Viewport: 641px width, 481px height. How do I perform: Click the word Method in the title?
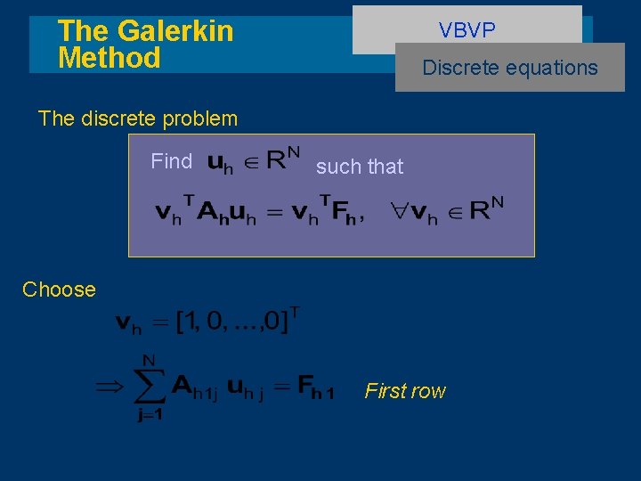pyautogui.click(x=109, y=59)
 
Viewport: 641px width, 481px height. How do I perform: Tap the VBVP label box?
pyautogui.click(x=467, y=30)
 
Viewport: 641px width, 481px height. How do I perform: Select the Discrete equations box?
pyautogui.click(x=510, y=68)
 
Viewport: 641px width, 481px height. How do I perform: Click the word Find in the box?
pyautogui.click(x=172, y=161)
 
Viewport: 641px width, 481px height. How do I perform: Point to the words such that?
pyautogui.click(x=360, y=167)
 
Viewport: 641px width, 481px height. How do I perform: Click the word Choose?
pyautogui.click(x=59, y=289)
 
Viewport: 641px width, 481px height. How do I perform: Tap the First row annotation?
pyautogui.click(x=405, y=391)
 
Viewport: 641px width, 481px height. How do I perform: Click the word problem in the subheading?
pyautogui.click(x=198, y=118)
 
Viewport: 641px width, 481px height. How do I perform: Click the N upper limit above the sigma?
pyautogui.click(x=149, y=360)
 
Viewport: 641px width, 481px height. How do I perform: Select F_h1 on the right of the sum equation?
pyautogui.click(x=316, y=388)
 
